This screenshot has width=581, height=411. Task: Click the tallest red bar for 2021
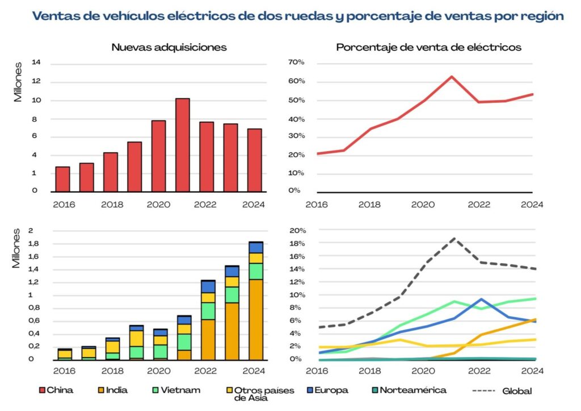click(182, 145)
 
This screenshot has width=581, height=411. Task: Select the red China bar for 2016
click(62, 179)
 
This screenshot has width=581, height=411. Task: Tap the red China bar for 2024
click(255, 160)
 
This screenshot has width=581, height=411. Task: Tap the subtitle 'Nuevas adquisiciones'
click(169, 47)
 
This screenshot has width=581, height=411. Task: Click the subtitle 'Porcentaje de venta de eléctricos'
click(428, 47)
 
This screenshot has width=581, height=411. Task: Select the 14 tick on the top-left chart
click(36, 63)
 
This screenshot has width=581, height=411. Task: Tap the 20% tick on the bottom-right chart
click(298, 231)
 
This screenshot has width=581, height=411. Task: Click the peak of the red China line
click(452, 76)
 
